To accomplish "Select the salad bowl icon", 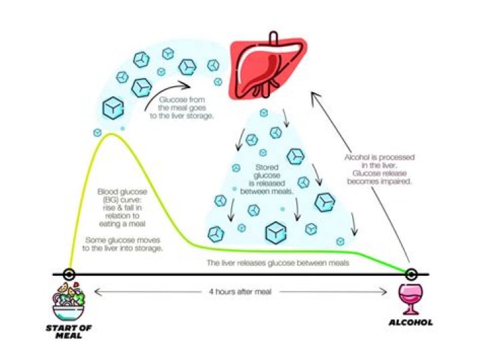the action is (x=69, y=301).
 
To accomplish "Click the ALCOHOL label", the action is (x=410, y=323).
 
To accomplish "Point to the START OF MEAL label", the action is (x=69, y=332).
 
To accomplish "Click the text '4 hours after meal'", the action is (x=240, y=291).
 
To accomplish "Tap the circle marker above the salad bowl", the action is (x=69, y=274).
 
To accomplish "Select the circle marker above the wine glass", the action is (x=411, y=274).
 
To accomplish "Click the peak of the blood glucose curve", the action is (x=112, y=134).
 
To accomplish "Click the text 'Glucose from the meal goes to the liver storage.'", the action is (x=182, y=108).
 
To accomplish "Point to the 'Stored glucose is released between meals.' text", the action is (x=267, y=180).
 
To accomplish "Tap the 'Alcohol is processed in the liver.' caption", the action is (x=379, y=161).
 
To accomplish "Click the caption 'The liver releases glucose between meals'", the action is (x=278, y=262).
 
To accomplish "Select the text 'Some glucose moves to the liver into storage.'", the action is (x=122, y=244).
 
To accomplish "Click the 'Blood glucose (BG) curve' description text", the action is (x=122, y=208).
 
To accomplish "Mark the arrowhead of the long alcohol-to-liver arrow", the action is (x=313, y=94).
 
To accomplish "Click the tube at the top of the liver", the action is (x=274, y=38).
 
